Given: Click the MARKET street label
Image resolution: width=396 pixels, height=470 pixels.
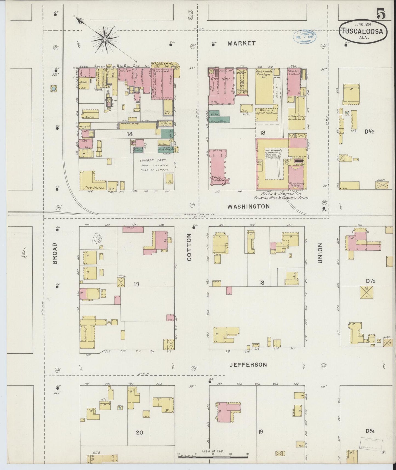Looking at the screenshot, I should coord(241,43).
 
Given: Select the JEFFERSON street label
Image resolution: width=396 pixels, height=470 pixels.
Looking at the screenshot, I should coord(248,365).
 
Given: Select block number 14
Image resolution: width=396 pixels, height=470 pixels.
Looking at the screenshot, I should coord(130,134).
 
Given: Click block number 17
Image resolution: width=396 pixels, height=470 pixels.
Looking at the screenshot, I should coord(136,284).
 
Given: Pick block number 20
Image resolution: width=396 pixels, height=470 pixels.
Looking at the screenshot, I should coord(139,432).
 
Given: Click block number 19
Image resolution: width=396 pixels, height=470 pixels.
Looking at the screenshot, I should coord(260,432).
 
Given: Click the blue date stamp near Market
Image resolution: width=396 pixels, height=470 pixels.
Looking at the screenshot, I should coord(304,36).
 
